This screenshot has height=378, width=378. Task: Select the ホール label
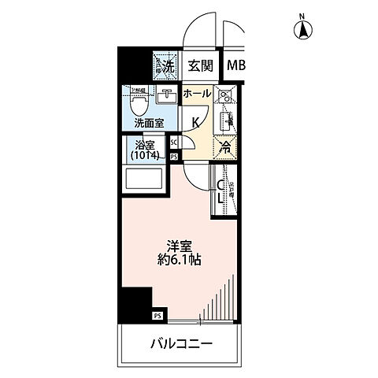pos(197,94)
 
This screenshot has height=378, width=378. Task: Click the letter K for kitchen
pos(196,121)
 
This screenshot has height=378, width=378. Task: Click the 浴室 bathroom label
pos(143,145)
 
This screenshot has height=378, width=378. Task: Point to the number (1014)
pos(144,156)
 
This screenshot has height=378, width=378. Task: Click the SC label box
pos(174,143)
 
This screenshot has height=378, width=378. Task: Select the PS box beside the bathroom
pos(174,157)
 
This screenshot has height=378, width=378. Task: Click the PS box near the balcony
pos(157,317)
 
